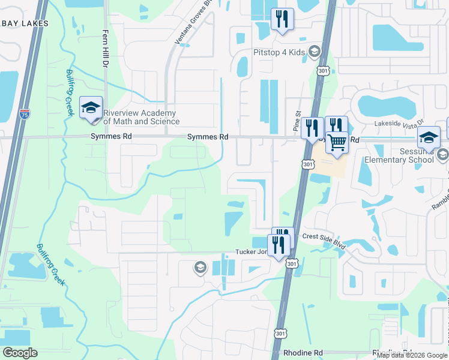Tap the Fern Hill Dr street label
106,48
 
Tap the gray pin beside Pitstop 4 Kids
313,52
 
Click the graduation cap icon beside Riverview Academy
91,108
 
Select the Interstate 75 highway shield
24,114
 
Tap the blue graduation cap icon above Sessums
429,138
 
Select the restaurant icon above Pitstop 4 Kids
282,19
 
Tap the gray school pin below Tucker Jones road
200,267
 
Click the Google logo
20,353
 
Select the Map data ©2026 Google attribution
412,355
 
